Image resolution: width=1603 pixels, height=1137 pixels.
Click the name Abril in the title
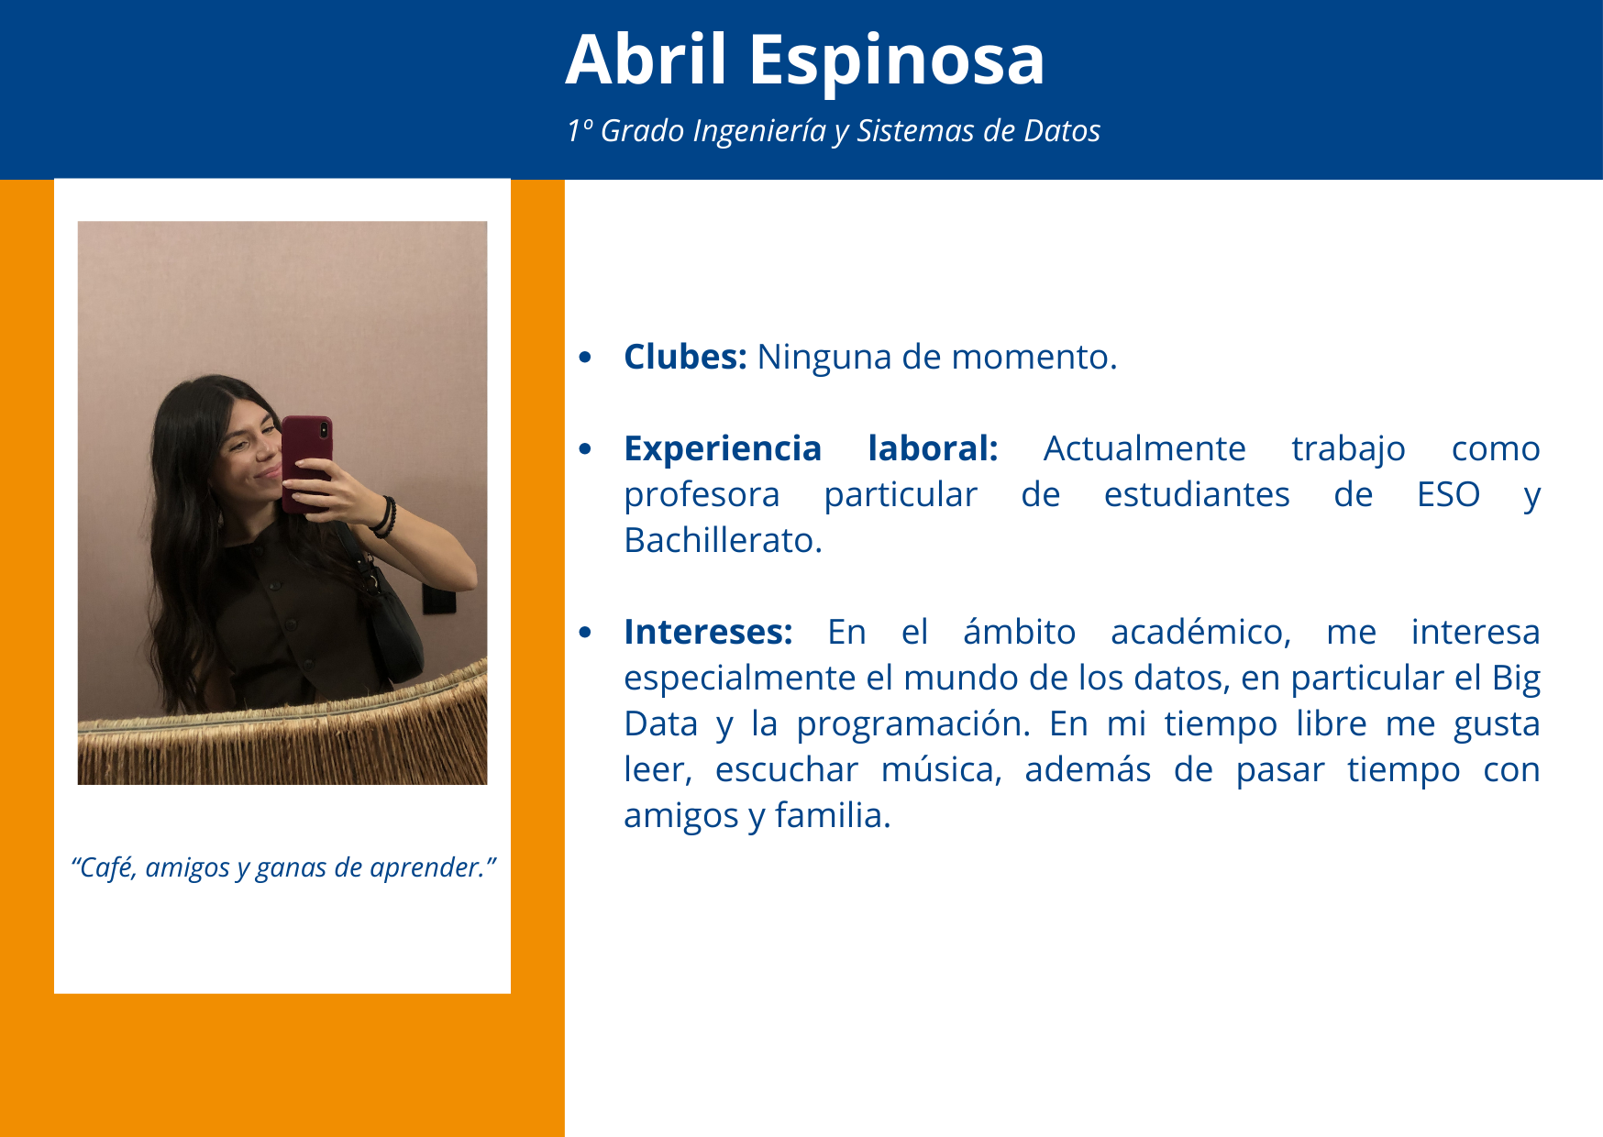(x=647, y=60)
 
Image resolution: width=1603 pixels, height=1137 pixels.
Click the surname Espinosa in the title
(x=897, y=63)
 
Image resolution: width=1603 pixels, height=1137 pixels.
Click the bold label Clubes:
(x=685, y=357)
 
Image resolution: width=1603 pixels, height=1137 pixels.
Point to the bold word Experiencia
(x=723, y=449)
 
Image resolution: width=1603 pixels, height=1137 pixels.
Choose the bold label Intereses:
(x=708, y=632)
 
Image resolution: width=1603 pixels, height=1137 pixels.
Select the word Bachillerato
(x=723, y=540)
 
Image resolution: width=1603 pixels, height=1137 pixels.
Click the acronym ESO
(x=1448, y=495)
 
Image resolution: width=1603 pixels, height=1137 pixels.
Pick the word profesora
(x=702, y=496)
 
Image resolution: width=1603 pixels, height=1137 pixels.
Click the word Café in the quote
(x=105, y=867)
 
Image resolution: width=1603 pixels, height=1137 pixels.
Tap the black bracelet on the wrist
(x=385, y=516)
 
